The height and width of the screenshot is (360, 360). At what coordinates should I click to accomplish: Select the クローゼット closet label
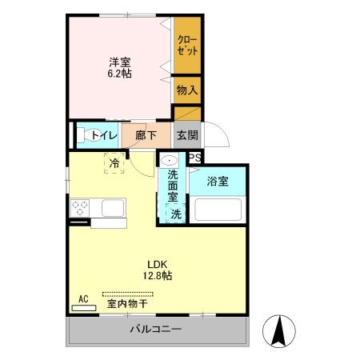[187, 44]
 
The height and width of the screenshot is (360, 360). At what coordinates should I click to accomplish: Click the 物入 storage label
[187, 90]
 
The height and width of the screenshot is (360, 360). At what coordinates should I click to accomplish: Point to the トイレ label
[103, 134]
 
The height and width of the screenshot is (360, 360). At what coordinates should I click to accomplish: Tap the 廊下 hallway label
[145, 134]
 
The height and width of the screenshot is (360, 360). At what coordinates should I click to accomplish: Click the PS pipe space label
[194, 158]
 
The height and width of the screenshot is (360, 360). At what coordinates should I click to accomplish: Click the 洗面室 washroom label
[173, 186]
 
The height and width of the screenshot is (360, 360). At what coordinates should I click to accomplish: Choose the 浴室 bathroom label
[218, 181]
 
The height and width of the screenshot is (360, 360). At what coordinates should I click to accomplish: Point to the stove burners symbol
[81, 207]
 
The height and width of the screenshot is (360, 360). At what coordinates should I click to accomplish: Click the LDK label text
[157, 264]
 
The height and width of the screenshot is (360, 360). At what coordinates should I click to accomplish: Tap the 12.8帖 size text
[157, 276]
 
